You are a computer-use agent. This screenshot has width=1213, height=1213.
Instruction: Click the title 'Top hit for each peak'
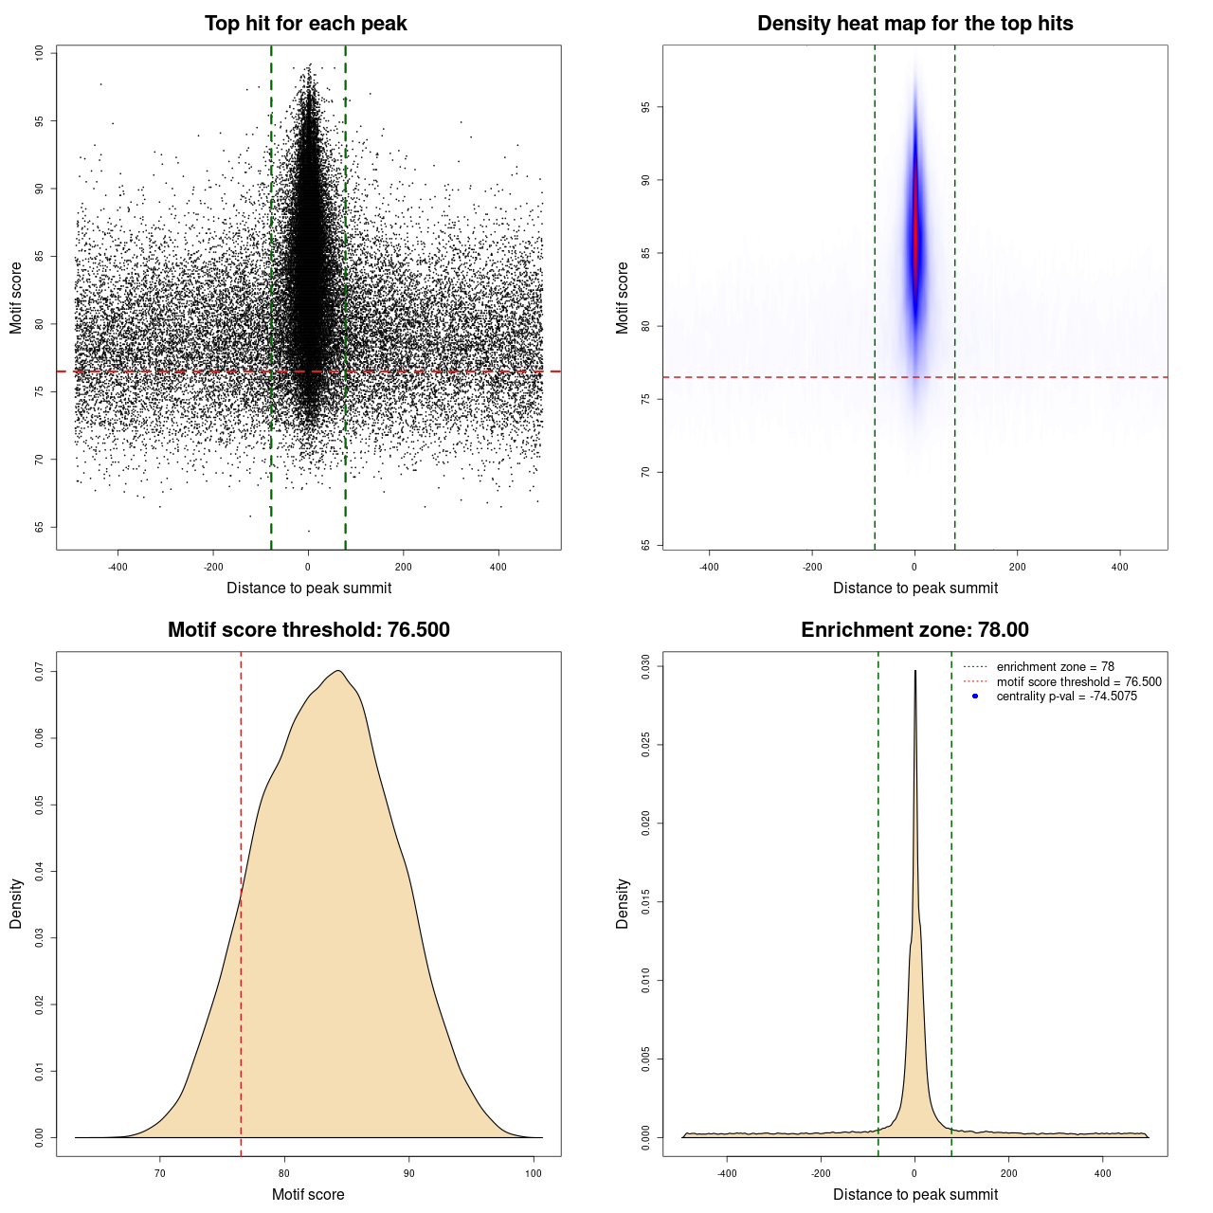coord(305,24)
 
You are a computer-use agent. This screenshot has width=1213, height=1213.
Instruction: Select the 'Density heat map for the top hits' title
coord(914,24)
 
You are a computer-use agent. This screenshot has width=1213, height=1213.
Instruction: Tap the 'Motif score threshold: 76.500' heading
coord(308,630)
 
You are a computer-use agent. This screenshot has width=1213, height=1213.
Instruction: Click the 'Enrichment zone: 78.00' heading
coord(914,630)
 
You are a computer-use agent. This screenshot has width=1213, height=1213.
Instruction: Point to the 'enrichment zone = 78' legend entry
coord(1055,667)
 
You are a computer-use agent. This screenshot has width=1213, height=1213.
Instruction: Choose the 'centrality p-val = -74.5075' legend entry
coord(1066,697)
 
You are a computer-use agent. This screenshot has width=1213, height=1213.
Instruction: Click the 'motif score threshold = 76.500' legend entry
coord(1078,682)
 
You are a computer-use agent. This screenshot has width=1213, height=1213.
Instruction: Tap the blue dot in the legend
coord(975,697)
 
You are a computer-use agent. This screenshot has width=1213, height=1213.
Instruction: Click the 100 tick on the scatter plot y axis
coord(40,53)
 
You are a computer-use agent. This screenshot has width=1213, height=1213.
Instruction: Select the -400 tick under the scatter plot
coord(118,567)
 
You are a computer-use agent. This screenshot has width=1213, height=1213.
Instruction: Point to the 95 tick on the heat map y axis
coord(646,107)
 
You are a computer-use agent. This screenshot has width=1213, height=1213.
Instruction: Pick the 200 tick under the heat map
coord(1017,567)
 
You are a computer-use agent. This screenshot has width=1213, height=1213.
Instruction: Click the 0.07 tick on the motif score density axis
coord(40,672)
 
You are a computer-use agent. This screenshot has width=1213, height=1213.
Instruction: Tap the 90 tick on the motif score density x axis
coord(408,1173)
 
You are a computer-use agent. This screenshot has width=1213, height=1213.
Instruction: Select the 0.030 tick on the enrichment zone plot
coord(646,667)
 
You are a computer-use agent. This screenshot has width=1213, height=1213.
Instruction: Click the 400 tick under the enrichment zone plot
coord(1102,1173)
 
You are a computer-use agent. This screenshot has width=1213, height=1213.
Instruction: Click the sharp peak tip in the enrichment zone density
coord(914,671)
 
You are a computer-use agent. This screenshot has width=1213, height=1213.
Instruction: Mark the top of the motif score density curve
coord(337,671)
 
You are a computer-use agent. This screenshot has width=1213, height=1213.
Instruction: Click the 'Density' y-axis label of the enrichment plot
coord(623,903)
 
